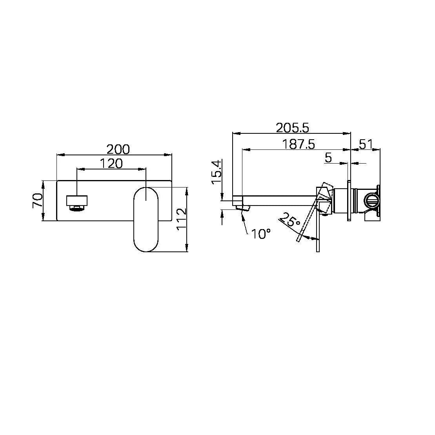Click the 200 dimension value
click(118, 149)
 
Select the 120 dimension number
click(111, 164)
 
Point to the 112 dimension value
click(182, 219)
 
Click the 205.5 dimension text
click(292, 128)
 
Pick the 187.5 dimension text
click(298, 144)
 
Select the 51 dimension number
click(366, 144)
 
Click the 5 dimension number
click(328, 158)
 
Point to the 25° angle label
click(290, 219)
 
